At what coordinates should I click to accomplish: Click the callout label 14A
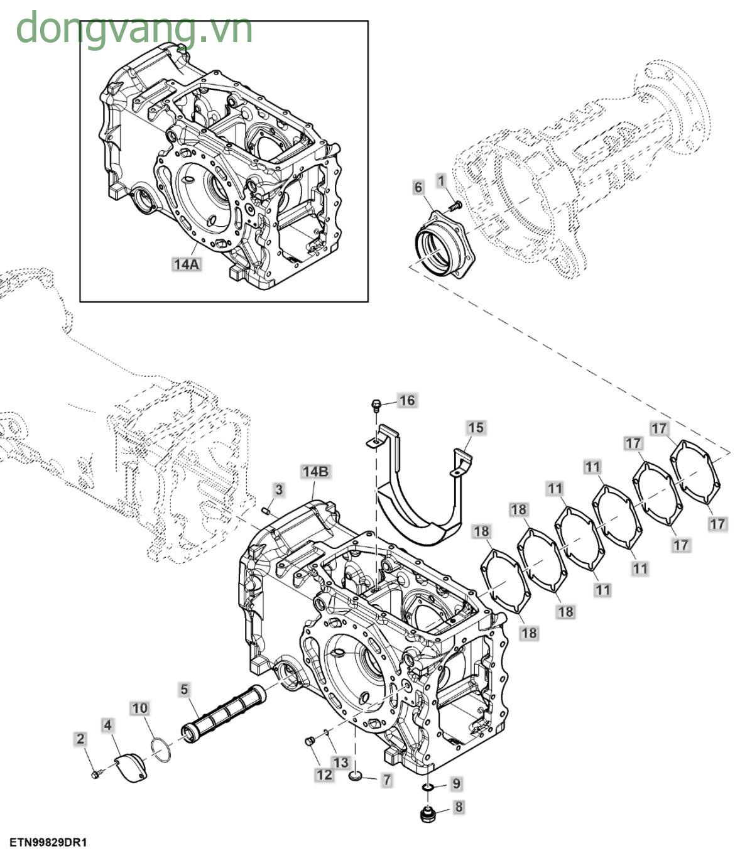[x=186, y=264]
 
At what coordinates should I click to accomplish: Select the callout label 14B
[x=315, y=472]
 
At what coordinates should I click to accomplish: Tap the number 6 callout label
[x=418, y=187]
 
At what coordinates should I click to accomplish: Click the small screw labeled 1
[x=455, y=205]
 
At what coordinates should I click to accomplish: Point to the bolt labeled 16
[x=376, y=403]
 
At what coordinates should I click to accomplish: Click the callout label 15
[x=476, y=428]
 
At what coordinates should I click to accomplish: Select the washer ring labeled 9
[x=429, y=787]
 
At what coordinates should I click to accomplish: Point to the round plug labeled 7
[x=356, y=778]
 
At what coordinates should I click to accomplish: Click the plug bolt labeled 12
[x=308, y=742]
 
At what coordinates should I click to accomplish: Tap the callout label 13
[x=340, y=763]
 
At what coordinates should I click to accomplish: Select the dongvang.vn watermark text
[x=134, y=29]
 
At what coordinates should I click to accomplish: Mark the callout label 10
[x=139, y=709]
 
